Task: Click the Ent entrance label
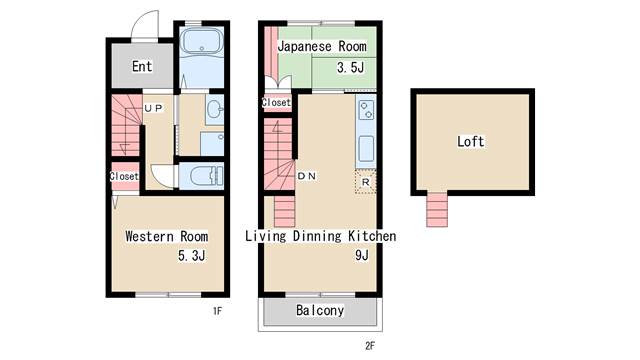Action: click(142, 66)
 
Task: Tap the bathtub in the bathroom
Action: click(202, 42)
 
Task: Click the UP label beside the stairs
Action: click(153, 108)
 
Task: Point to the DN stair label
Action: click(307, 176)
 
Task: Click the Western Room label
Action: click(167, 236)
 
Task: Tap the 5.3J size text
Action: click(192, 256)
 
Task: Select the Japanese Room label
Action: click(322, 47)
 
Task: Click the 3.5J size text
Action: click(351, 67)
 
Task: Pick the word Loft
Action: click(471, 142)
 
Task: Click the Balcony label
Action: click(320, 311)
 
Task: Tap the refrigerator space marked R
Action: click(365, 182)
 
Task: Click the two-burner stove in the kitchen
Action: click(366, 109)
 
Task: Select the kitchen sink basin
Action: click(366, 149)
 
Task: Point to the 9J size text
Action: click(362, 255)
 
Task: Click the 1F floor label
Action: click(218, 311)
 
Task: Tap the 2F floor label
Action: click(370, 346)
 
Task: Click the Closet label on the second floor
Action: click(276, 102)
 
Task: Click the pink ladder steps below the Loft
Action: click(437, 209)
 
